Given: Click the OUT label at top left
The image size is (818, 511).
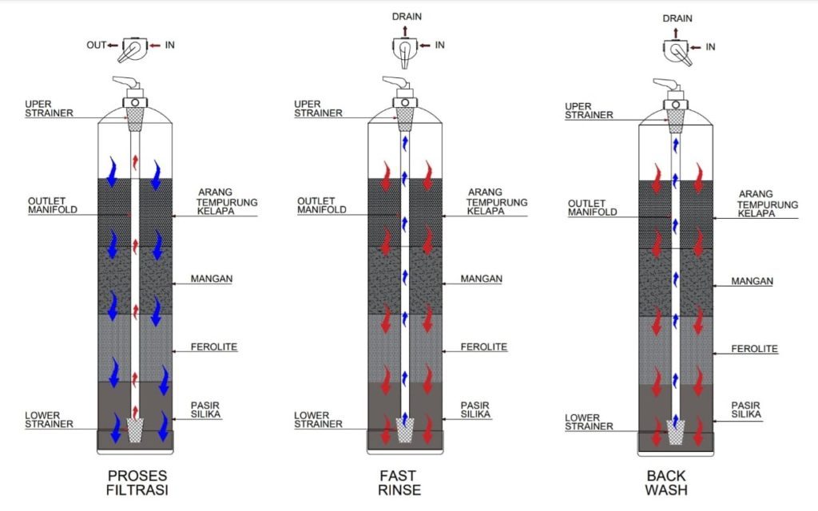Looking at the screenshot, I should (96, 46).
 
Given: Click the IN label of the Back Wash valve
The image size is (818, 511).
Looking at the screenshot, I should (710, 47).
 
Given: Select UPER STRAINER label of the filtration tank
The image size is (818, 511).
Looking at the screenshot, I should (49, 109).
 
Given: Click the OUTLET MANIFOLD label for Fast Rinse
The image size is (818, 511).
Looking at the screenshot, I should (321, 205).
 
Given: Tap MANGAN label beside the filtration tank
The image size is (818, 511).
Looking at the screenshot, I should (212, 279).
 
